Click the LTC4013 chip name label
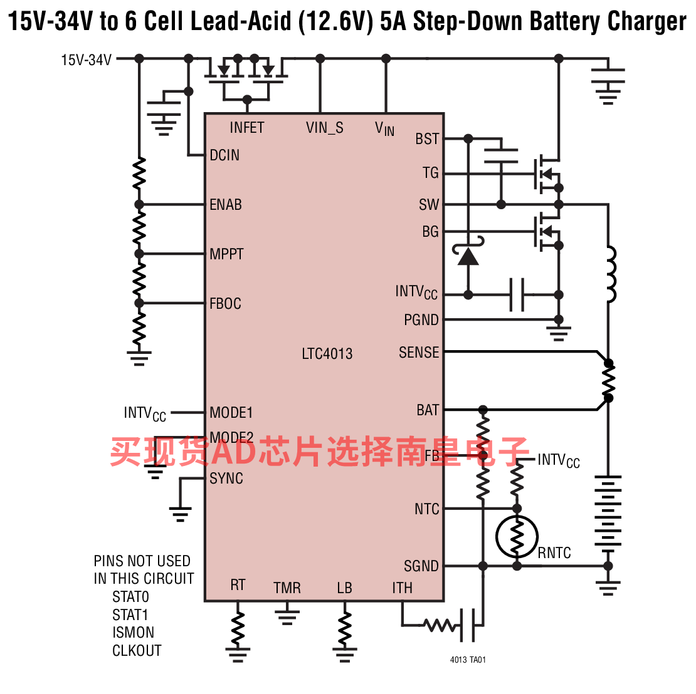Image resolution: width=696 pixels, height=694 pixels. click(327, 354)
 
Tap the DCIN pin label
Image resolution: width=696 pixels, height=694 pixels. click(224, 155)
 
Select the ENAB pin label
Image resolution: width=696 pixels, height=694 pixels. click(226, 204)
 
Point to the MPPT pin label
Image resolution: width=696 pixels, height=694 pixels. click(227, 254)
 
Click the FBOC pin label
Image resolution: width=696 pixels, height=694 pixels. click(226, 304)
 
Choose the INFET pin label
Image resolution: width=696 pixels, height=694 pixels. click(247, 128)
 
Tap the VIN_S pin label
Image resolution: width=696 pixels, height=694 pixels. click(324, 128)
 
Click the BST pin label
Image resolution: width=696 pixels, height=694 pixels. click(427, 139)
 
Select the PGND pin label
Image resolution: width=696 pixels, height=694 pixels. click(421, 319)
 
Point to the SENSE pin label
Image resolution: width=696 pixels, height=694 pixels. click(419, 353)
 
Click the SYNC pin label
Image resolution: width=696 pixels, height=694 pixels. click(226, 479)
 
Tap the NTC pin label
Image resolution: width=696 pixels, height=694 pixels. click(427, 509)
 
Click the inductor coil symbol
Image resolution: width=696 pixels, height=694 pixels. click(611, 274)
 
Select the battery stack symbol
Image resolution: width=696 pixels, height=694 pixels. click(608, 512)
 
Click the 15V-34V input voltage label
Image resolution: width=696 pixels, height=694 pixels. click(86, 60)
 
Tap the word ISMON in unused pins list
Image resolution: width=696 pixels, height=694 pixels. click(133, 633)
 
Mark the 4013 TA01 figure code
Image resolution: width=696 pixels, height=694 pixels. click(468, 660)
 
